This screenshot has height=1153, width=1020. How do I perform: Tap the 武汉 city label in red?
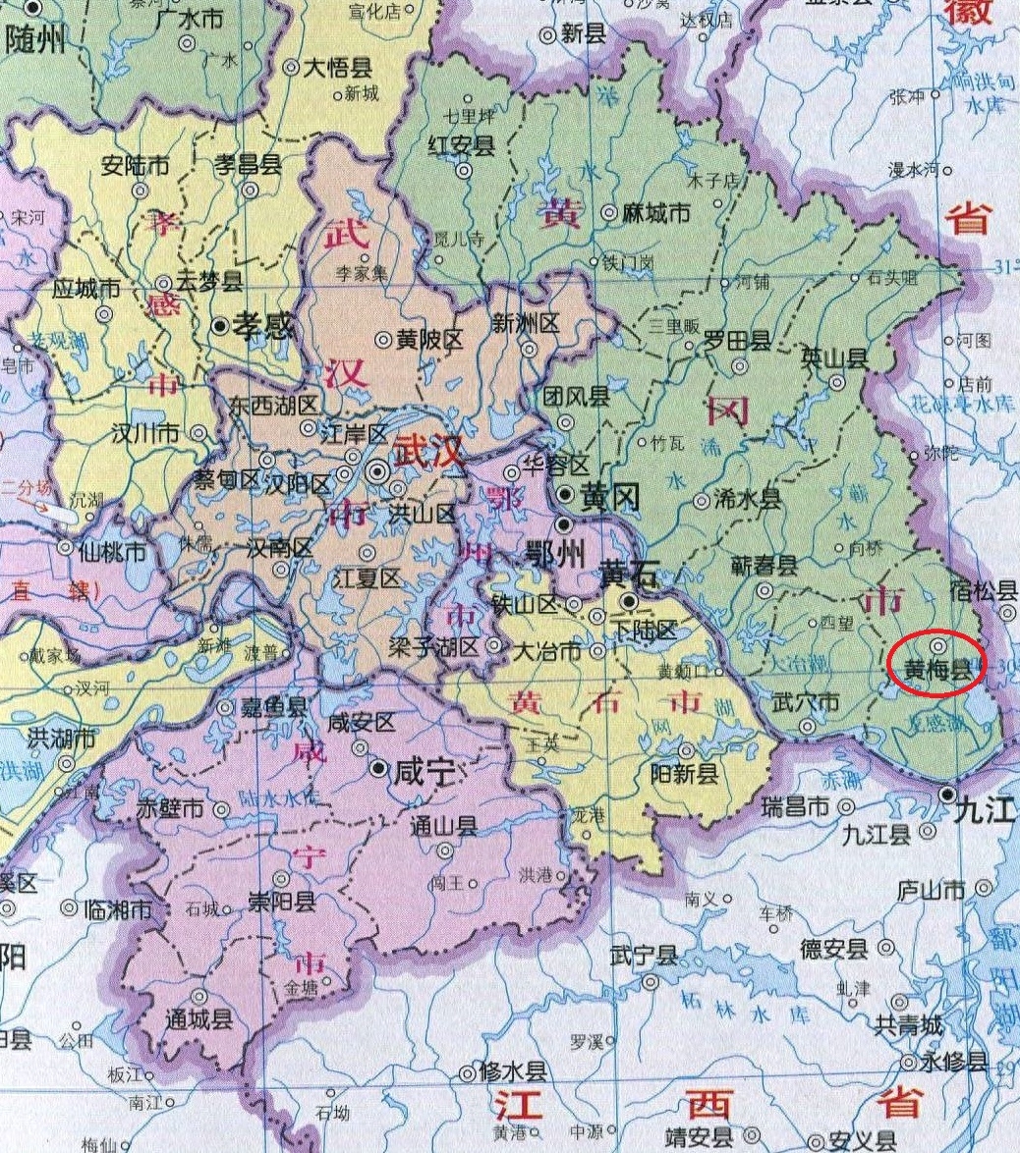(428, 454)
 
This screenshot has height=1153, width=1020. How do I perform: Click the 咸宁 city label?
(425, 772)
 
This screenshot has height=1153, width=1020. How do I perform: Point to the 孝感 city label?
(262, 327)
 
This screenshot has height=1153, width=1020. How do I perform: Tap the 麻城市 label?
(657, 213)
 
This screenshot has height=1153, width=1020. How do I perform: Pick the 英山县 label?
(835, 357)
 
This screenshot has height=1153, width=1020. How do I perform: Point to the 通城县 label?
(198, 1018)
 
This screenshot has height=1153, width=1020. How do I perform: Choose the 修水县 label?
(512, 1071)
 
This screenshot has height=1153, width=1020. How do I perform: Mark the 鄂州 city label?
(556, 556)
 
